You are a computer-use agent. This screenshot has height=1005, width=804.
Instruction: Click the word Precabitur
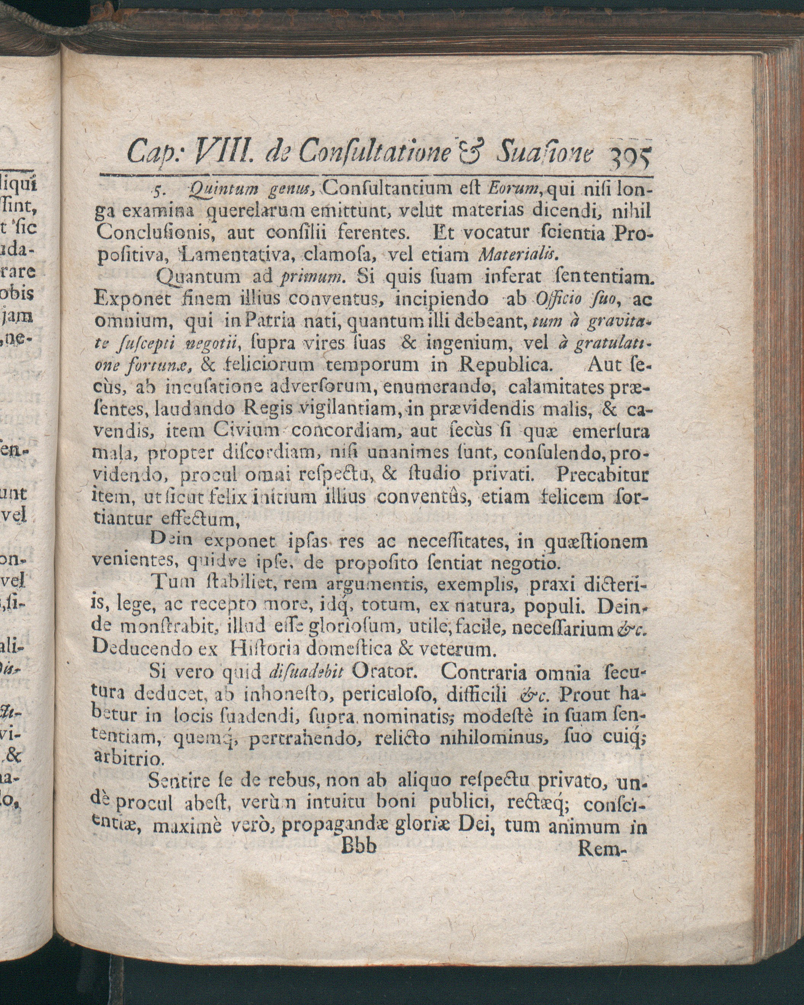(602, 475)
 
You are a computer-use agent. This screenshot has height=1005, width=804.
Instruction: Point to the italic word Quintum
(220, 190)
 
